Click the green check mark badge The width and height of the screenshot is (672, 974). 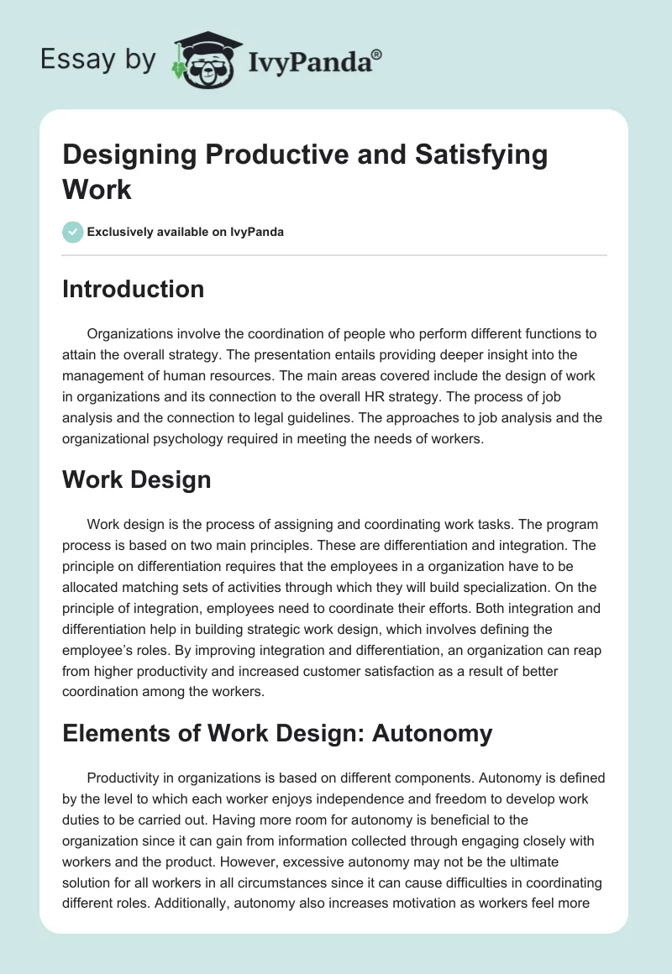point(73,232)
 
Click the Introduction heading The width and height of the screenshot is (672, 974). point(133,289)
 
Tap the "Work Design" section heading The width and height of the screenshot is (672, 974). point(136,479)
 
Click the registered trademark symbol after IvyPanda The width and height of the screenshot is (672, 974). point(377,52)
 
